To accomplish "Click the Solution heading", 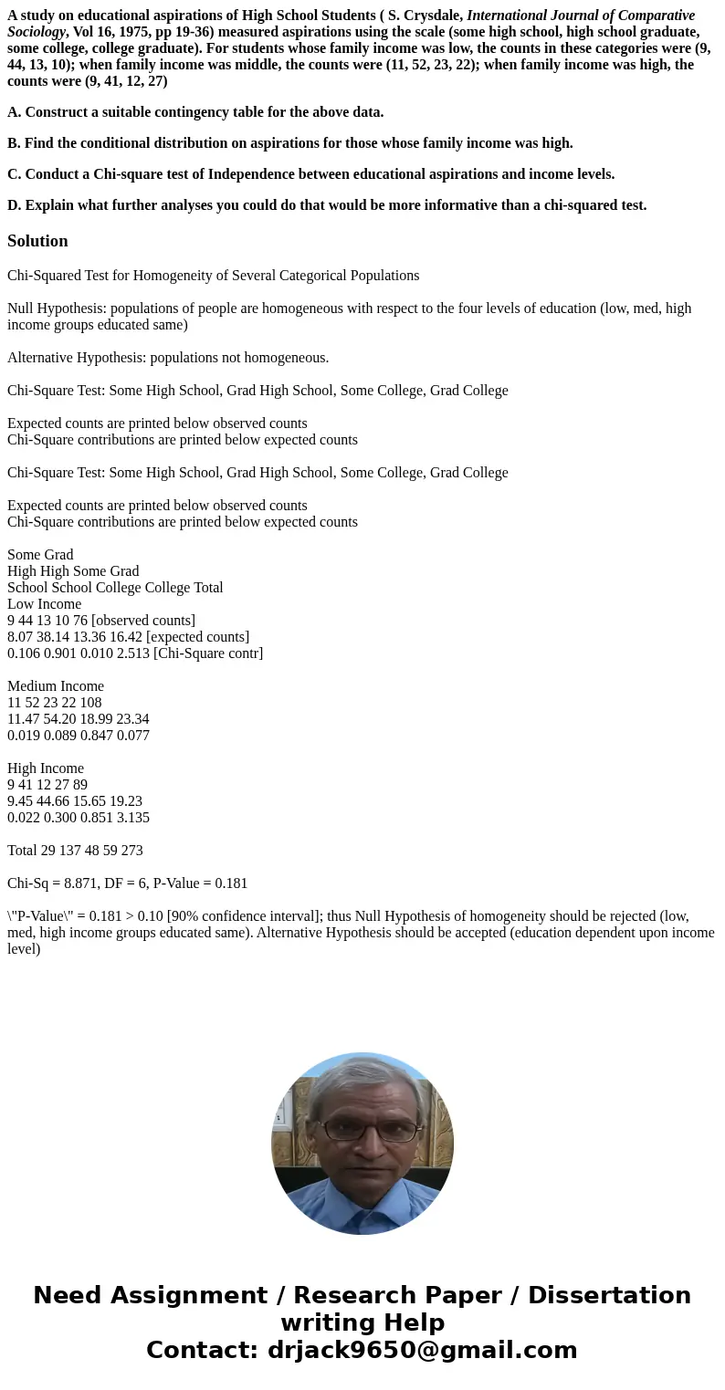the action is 37,241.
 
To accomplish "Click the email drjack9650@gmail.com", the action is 422,1350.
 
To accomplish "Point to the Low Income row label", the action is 44,604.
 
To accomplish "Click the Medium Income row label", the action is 56,686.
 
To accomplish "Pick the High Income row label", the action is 46,768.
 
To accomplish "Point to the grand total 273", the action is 131,851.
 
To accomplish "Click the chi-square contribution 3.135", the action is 132,818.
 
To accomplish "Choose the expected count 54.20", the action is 59,719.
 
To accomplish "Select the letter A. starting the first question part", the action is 14,112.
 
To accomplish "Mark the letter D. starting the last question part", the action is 14,205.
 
